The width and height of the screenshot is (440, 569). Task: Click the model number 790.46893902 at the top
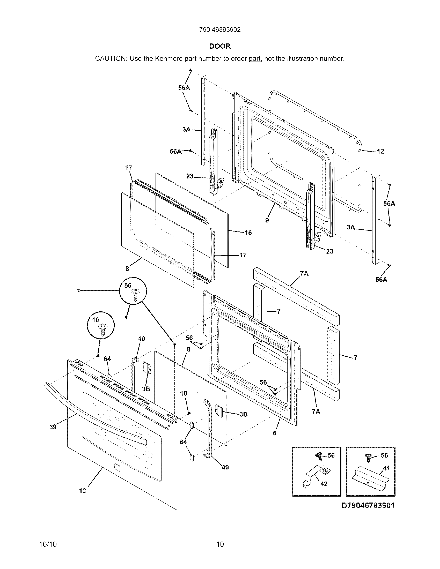click(220, 30)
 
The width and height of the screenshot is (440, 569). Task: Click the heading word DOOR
click(220, 46)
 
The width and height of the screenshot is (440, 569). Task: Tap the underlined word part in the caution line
click(254, 59)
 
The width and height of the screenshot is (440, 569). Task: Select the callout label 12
click(380, 152)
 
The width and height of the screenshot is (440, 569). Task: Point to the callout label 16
click(248, 233)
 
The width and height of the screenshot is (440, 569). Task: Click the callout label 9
click(267, 220)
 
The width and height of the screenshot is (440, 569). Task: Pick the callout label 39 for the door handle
click(53, 427)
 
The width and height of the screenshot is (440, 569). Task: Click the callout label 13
click(83, 491)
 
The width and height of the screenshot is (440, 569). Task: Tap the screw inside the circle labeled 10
click(103, 330)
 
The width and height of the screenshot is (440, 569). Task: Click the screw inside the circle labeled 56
click(135, 295)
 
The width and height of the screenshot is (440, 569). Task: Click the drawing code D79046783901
click(368, 506)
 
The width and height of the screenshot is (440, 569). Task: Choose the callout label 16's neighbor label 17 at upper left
click(129, 168)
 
